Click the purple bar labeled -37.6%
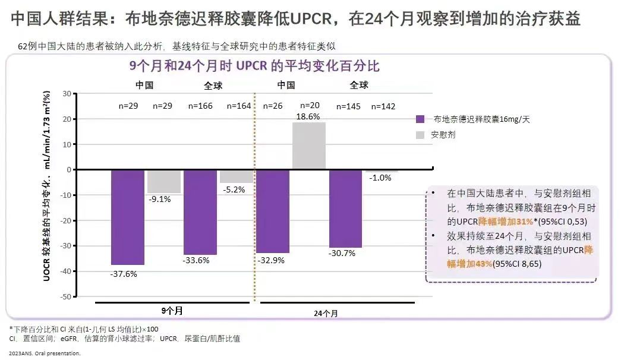click(x=128, y=217)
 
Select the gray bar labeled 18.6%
click(x=309, y=146)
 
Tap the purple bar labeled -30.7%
click(x=345, y=208)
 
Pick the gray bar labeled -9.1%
click(x=163, y=181)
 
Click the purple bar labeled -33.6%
click(x=200, y=211)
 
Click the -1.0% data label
click(x=380, y=178)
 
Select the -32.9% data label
click(x=271, y=260)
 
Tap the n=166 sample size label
click(x=200, y=106)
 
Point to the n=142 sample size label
click(x=383, y=106)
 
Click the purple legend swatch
click(x=420, y=119)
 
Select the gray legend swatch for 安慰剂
click(x=420, y=135)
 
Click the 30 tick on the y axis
click(x=67, y=94)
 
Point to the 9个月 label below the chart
click(x=172, y=310)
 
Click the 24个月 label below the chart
click(x=329, y=312)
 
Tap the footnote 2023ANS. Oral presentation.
click(x=44, y=353)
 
